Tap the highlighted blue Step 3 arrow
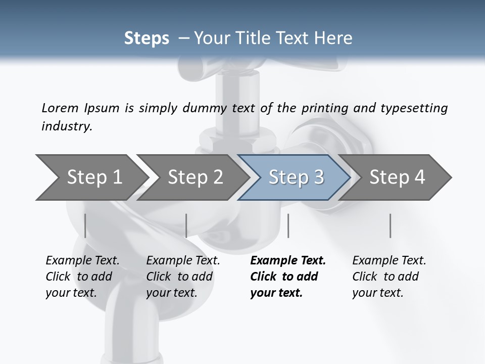tap(296, 177)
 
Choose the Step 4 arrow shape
tap(397, 177)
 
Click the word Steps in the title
tap(147, 38)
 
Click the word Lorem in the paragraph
tap(60, 108)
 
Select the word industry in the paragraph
tap(67, 126)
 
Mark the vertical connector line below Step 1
tap(85, 225)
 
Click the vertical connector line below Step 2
tap(186, 225)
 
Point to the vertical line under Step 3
tap(288, 225)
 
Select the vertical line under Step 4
tap(391, 225)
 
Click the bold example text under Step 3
tap(288, 277)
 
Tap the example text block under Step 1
tap(82, 277)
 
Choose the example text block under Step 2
tap(183, 277)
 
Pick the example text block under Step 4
tap(389, 277)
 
